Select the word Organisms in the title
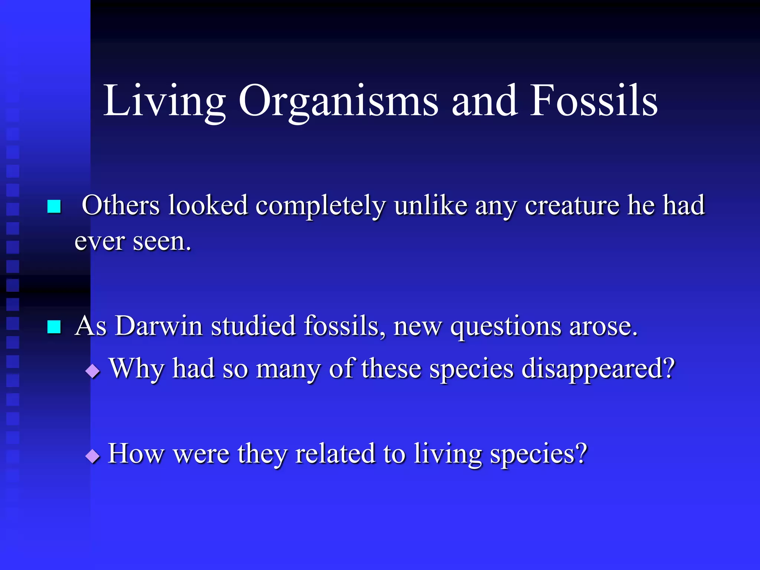point(338,101)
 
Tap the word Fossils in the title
point(594,101)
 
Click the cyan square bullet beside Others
point(54,206)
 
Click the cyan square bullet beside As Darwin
point(54,327)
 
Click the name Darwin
point(158,326)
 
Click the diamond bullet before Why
point(92,370)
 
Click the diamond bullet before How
point(92,455)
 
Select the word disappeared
point(598,369)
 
